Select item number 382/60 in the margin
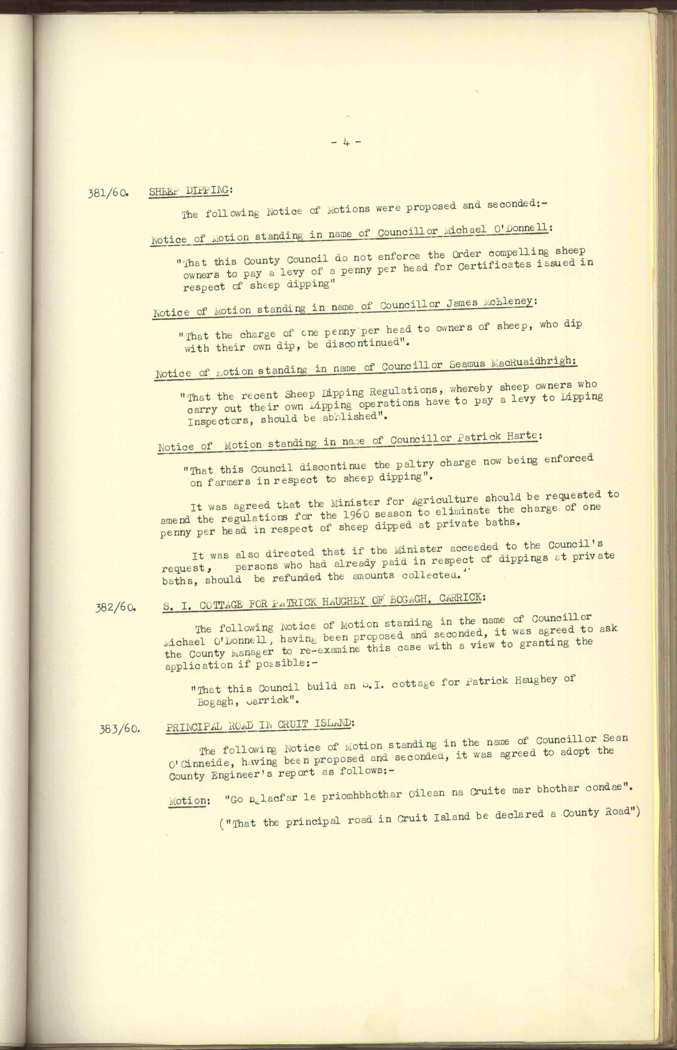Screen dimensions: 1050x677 (115, 609)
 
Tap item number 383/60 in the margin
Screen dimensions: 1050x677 (120, 730)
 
